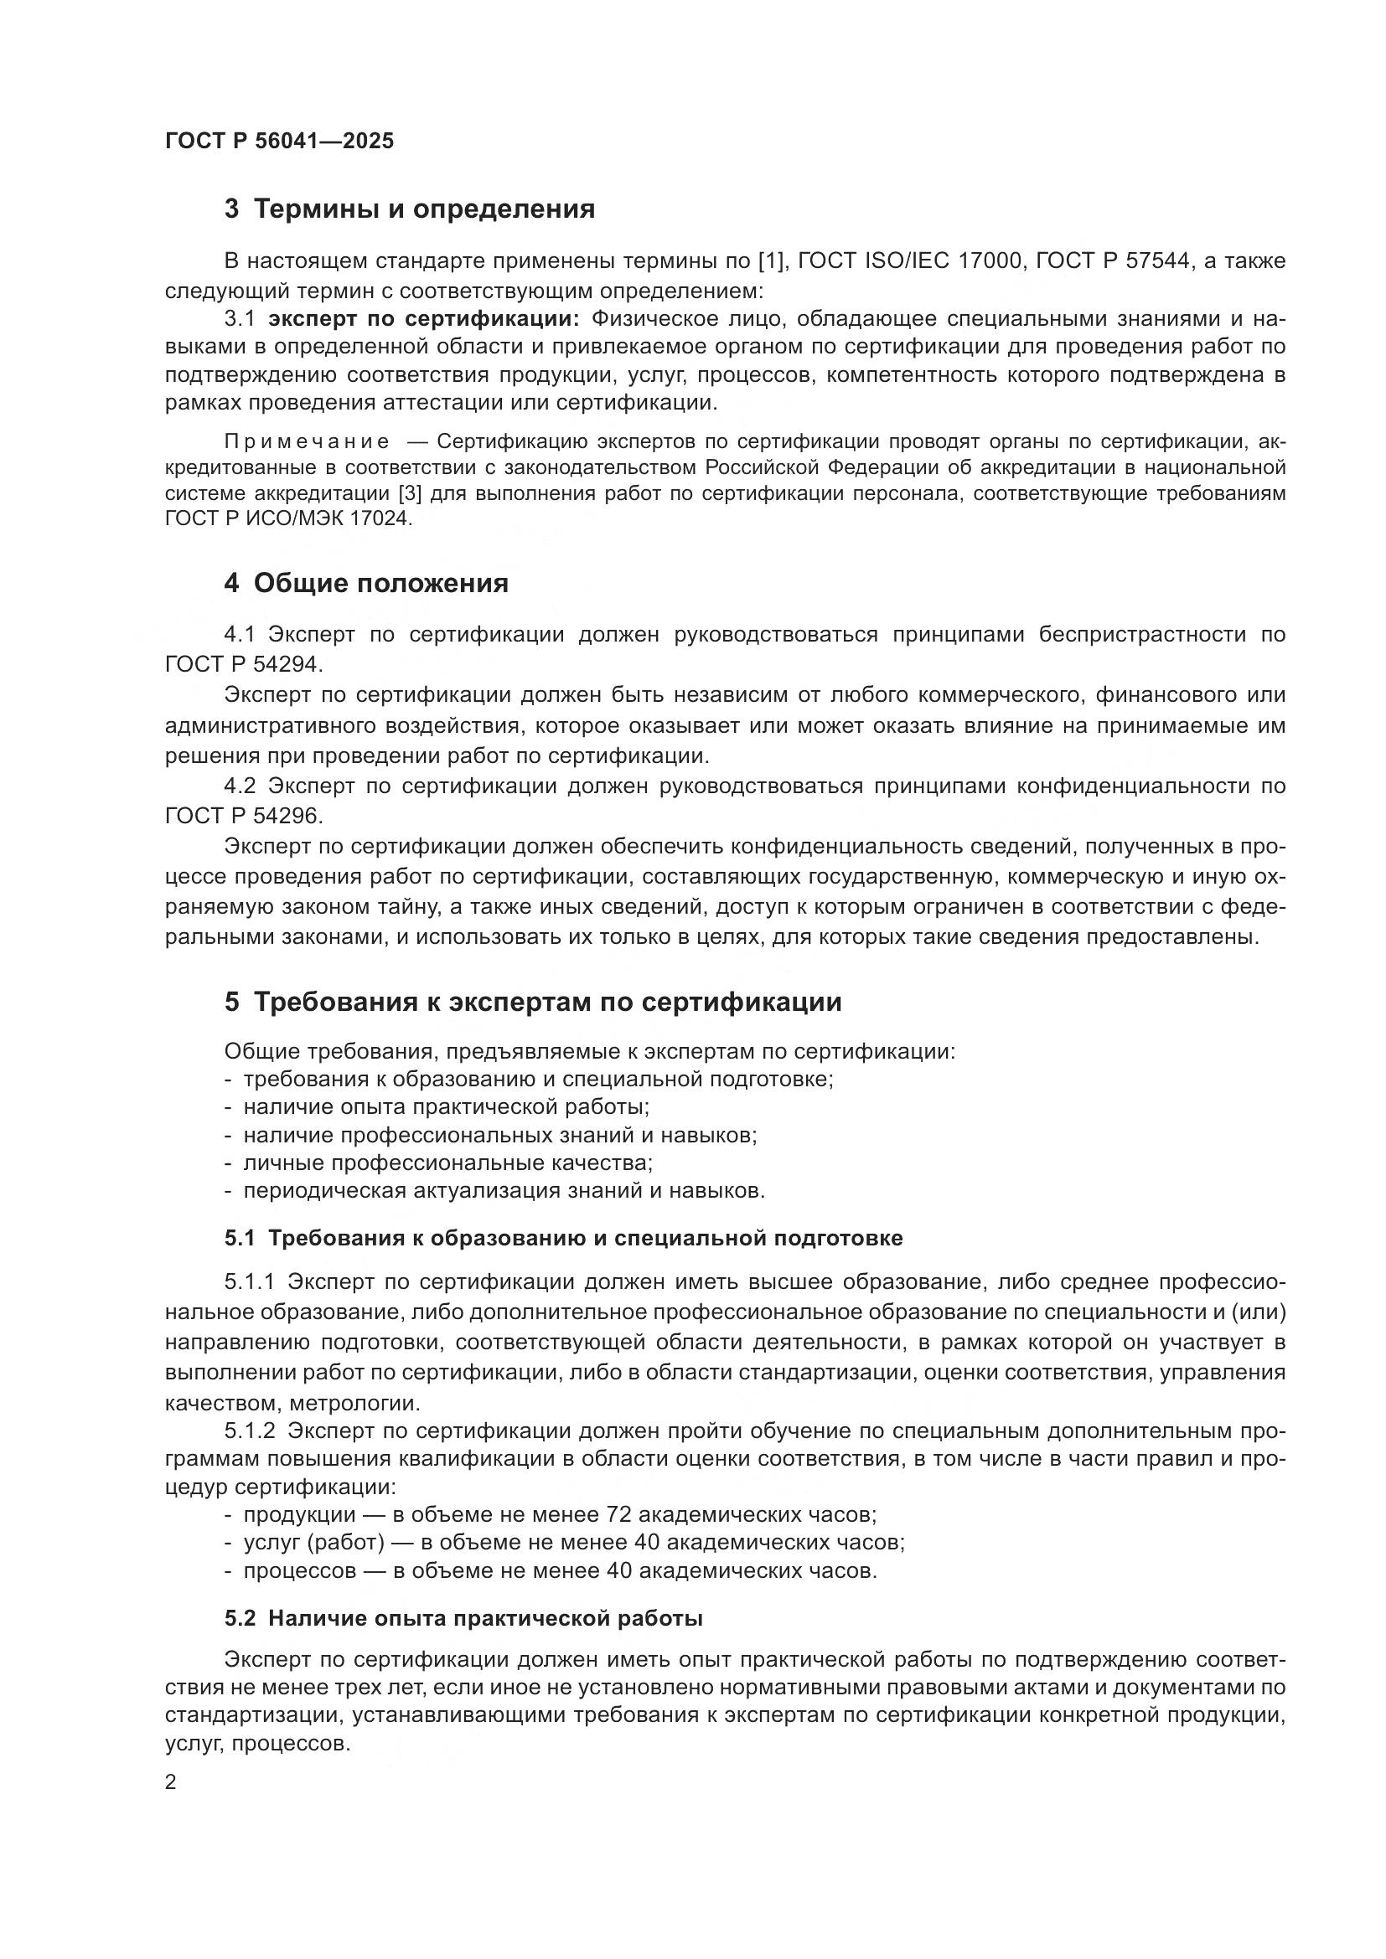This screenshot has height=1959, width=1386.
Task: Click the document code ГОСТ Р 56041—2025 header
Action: click(x=279, y=141)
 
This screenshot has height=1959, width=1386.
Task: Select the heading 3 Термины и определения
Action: click(x=410, y=209)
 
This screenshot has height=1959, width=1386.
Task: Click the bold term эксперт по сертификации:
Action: click(x=423, y=319)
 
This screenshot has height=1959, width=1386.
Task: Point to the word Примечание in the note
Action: click(x=307, y=442)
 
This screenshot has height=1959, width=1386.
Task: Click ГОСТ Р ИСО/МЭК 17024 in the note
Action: click(x=287, y=518)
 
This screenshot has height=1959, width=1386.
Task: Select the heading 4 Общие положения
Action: click(x=366, y=584)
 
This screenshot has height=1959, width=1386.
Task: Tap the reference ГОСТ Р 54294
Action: click(x=243, y=664)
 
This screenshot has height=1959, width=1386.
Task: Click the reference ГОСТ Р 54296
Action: click(x=243, y=816)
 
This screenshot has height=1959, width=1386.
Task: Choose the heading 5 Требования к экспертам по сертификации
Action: click(x=533, y=1002)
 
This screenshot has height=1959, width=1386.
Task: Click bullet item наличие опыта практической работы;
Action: click(x=447, y=1107)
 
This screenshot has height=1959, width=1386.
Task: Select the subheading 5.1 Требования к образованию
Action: click(x=563, y=1238)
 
